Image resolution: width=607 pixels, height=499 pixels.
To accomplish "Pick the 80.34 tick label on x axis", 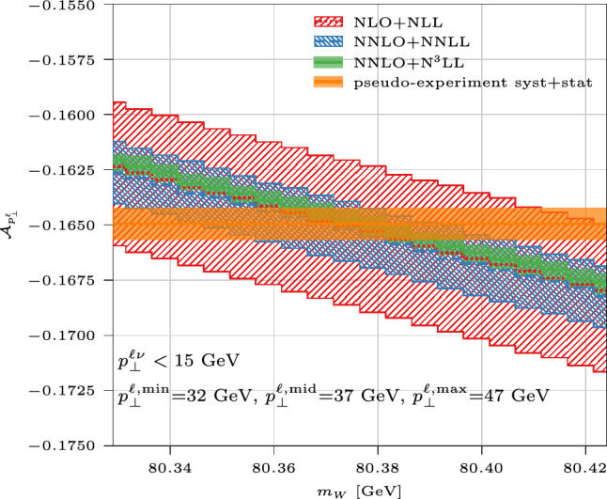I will point(170,464).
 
